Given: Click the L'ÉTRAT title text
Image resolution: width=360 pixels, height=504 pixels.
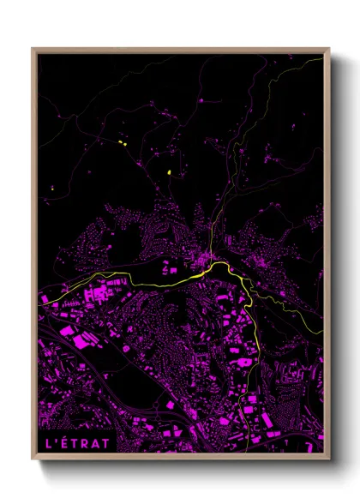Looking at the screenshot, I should coord(78,443).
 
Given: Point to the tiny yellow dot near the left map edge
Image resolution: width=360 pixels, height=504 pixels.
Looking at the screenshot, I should coord(51,186).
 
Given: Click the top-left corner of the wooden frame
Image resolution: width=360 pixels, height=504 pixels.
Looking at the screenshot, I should coord(33,49).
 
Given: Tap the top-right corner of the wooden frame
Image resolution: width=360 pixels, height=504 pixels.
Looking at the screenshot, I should coord(329,49).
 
